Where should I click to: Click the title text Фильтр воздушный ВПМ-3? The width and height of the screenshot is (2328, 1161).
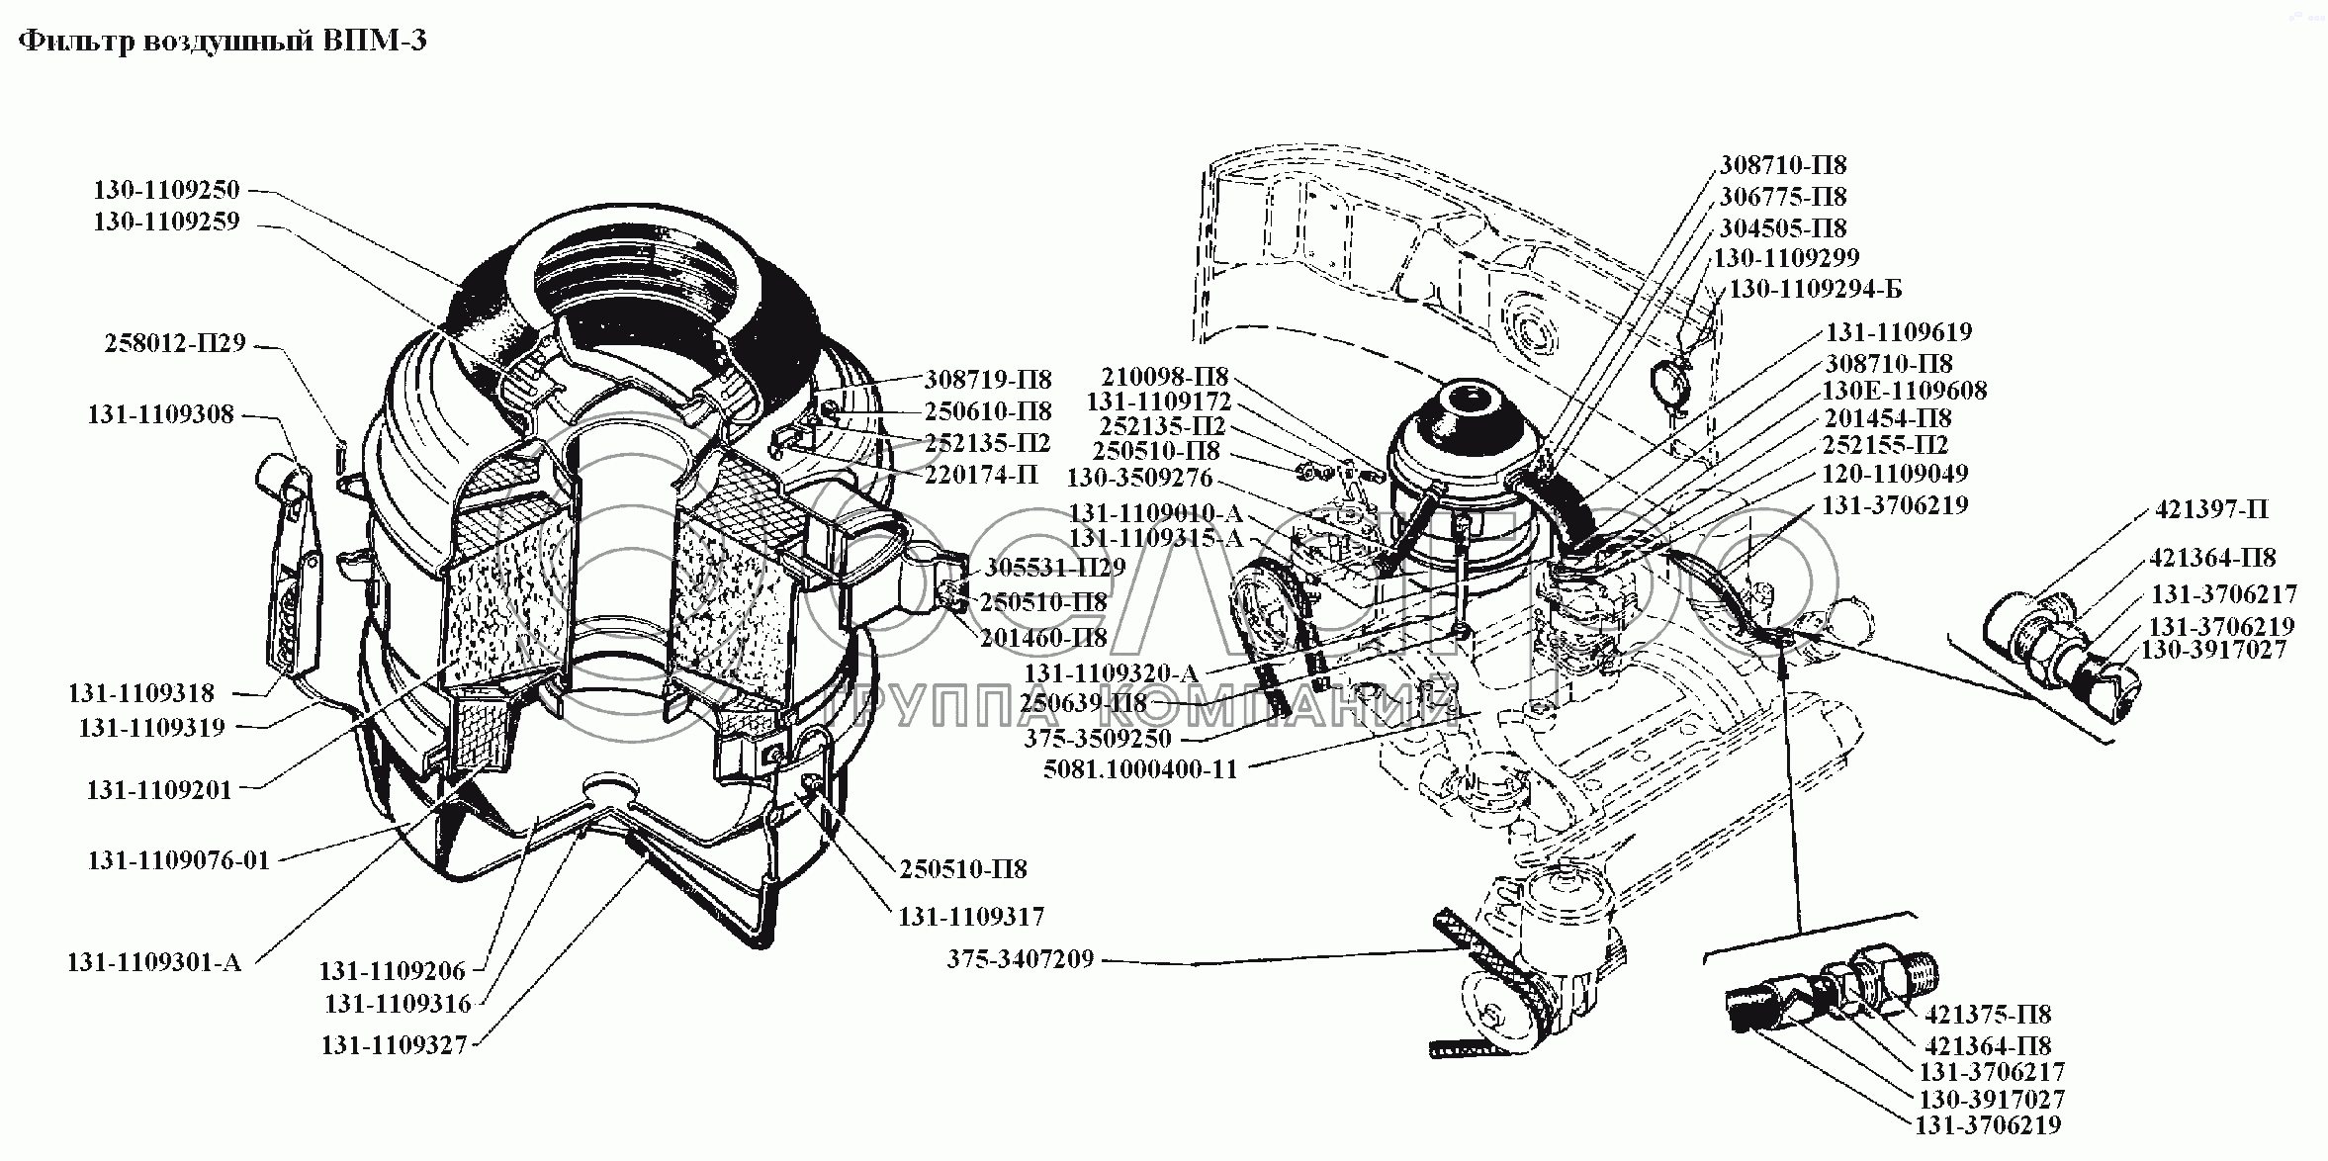pyautogui.click(x=223, y=42)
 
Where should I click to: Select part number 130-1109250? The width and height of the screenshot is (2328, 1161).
pyautogui.click(x=167, y=190)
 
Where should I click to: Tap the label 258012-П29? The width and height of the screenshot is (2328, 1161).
pyautogui.click(x=174, y=344)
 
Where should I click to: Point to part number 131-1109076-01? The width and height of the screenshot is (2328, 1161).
pyautogui.click(x=179, y=859)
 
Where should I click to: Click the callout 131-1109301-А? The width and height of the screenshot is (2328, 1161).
pyautogui.click(x=154, y=961)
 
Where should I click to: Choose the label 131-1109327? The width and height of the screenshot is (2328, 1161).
pyautogui.click(x=394, y=1044)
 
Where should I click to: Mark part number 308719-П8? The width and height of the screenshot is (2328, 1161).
pyautogui.click(x=988, y=380)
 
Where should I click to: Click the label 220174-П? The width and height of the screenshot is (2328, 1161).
pyautogui.click(x=981, y=475)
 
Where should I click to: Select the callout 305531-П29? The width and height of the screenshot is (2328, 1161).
pyautogui.click(x=1055, y=568)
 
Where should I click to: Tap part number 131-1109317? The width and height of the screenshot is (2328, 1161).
pyautogui.click(x=971, y=917)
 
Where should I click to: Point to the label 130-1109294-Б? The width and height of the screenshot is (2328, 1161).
pyautogui.click(x=1814, y=289)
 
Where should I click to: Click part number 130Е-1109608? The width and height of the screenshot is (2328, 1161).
pyautogui.click(x=1905, y=391)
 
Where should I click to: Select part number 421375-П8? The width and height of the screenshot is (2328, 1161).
pyautogui.click(x=1988, y=1014)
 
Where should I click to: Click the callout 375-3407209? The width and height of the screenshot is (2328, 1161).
pyautogui.click(x=1021, y=958)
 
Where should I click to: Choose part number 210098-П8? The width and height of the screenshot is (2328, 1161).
pyautogui.click(x=1163, y=377)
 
